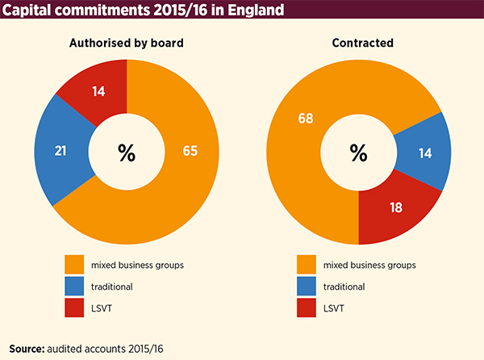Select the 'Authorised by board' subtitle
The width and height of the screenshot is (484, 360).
(x=126, y=44)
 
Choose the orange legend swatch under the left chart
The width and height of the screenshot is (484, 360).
(x=75, y=264)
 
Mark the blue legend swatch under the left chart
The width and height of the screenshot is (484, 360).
(x=75, y=286)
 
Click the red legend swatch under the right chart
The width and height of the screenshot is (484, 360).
(x=307, y=308)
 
